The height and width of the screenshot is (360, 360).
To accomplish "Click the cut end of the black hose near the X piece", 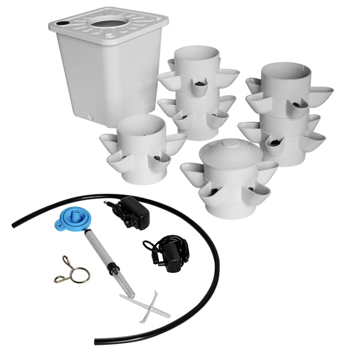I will (x=96, y=341).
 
